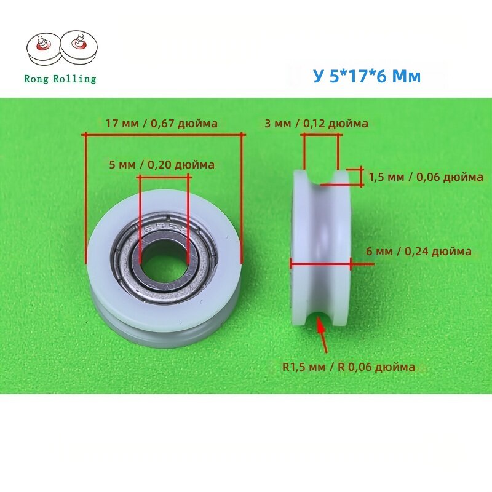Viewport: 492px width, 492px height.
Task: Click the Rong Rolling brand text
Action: [60, 79]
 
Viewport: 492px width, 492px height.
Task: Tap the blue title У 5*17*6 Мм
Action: [367, 76]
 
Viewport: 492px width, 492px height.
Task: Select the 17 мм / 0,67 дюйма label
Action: [162, 124]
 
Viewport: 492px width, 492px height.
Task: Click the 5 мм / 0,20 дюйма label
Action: [162, 164]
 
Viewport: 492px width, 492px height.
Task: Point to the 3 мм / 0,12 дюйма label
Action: [316, 124]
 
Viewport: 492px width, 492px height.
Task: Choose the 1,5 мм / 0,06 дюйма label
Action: [426, 177]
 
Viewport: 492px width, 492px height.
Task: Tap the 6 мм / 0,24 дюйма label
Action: [419, 251]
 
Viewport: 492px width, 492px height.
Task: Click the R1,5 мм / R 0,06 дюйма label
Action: [349, 367]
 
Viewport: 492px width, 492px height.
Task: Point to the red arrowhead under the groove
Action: [320, 325]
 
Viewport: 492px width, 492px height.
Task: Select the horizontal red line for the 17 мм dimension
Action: [164, 135]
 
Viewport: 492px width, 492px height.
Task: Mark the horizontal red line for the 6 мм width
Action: [320, 264]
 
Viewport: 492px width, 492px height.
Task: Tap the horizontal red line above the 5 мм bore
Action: [164, 177]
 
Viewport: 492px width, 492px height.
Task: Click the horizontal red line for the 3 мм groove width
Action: [321, 135]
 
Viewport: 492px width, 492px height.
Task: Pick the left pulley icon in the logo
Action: [43, 49]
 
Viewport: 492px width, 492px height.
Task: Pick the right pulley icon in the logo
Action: [79, 47]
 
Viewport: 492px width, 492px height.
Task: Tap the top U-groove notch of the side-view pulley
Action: [320, 177]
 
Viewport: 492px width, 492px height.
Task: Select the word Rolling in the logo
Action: [74, 79]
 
